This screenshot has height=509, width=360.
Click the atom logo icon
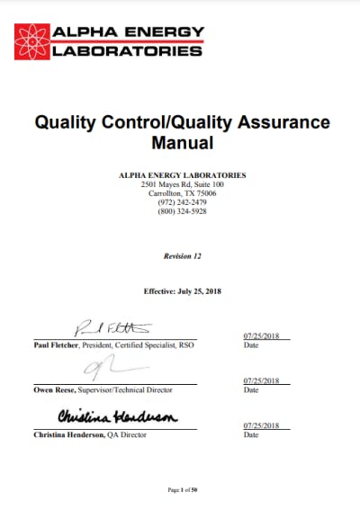pyautogui.click(x=34, y=40)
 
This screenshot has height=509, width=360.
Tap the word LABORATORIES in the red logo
pyautogui.click(x=128, y=51)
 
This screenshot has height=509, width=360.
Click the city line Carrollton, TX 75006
pyautogui.click(x=181, y=192)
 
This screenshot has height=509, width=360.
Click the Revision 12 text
pyautogui.click(x=182, y=256)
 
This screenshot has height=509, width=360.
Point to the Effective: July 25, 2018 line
pyautogui.click(x=182, y=291)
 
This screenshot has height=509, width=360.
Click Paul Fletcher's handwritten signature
pyautogui.click(x=112, y=327)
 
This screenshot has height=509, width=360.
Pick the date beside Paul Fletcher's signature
pyautogui.click(x=261, y=336)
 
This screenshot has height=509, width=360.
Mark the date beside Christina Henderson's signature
pyautogui.click(x=261, y=424)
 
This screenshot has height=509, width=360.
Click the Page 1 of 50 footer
pyautogui.click(x=181, y=489)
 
